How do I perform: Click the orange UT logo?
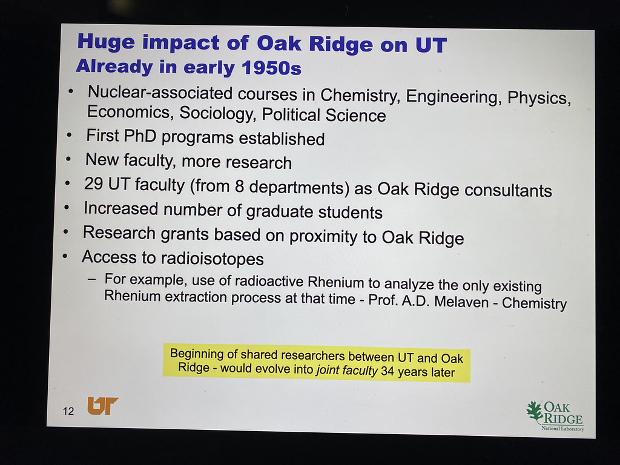pyautogui.click(x=103, y=406)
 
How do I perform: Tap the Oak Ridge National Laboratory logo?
pyautogui.click(x=555, y=416)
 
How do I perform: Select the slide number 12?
pyautogui.click(x=68, y=411)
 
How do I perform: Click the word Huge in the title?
pyautogui.click(x=106, y=42)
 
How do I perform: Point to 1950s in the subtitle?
pyautogui.click(x=272, y=68)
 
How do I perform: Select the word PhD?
pyautogui.click(x=140, y=136)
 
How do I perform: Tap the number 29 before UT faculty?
pyautogui.click(x=93, y=183)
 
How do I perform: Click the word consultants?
pyautogui.click(x=508, y=190)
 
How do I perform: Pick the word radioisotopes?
pyautogui.click(x=213, y=259)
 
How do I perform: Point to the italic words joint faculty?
pyautogui.click(x=347, y=371)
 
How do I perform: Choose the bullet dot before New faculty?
pyautogui.click(x=68, y=159)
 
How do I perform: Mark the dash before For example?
pyautogui.click(x=92, y=279)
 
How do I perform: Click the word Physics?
pyautogui.click(x=539, y=98)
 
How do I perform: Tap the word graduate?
pyautogui.click(x=279, y=211)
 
